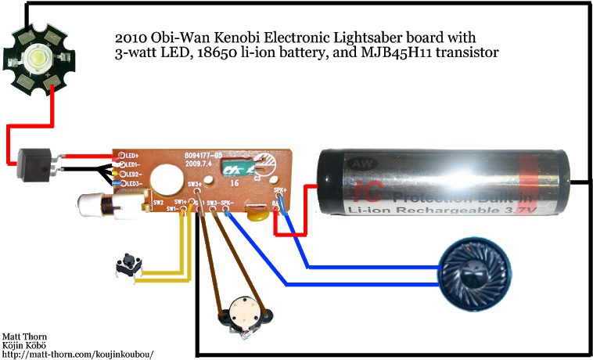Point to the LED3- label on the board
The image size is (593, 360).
[132, 183]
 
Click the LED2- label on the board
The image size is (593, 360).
[132, 174]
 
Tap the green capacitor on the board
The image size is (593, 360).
[236, 167]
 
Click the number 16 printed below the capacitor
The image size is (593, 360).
[233, 182]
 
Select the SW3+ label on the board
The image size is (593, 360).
[196, 184]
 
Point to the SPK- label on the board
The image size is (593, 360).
[226, 203]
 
